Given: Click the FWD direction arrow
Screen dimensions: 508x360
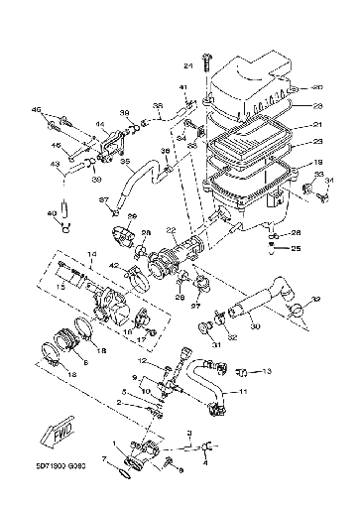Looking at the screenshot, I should pyautogui.click(x=51, y=433).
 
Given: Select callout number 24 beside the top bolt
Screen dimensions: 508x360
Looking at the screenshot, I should pyautogui.click(x=185, y=65).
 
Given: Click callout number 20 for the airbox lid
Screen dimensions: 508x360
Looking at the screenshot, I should pyautogui.click(x=317, y=86).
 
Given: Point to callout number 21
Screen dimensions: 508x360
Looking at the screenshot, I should pyautogui.click(x=318, y=125).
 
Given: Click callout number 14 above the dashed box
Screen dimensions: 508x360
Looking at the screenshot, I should pyautogui.click(x=92, y=255).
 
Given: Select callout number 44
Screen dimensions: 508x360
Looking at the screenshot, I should pyautogui.click(x=101, y=125).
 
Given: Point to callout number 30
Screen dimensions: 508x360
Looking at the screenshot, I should pyautogui.click(x=255, y=324).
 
